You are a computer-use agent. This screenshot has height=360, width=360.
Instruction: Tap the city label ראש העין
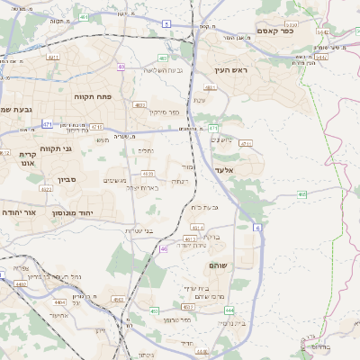(x=230, y=69)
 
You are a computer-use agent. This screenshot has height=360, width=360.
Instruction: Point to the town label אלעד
(x=224, y=170)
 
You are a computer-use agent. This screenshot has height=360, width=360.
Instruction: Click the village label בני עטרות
(x=139, y=231)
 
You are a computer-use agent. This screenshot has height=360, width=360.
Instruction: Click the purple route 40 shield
(x=121, y=66)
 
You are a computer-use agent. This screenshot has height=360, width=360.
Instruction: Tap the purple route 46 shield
(x=164, y=249)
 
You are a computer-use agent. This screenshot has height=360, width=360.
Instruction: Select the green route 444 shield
(x=229, y=309)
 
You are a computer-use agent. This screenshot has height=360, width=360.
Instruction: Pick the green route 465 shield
(x=302, y=193)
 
